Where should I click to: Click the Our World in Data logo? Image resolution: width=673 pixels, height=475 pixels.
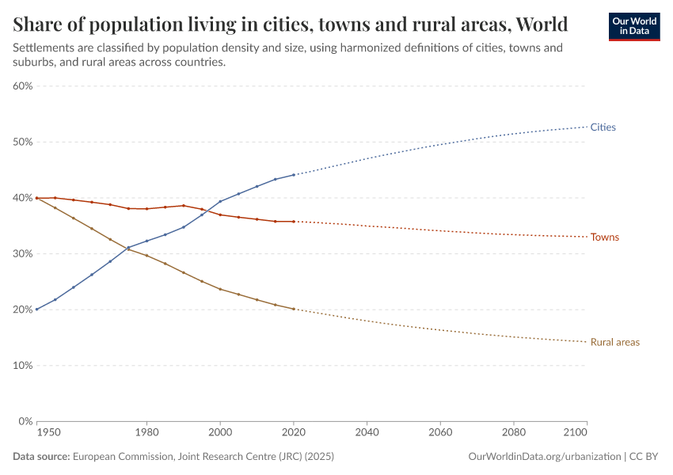point(633,25)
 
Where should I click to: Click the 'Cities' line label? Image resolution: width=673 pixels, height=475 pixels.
point(603,127)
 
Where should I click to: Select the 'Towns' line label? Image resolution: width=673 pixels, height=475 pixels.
point(605,237)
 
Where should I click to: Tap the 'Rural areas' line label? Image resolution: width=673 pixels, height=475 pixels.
point(614,342)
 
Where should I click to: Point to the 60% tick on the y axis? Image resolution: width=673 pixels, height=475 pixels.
point(22,86)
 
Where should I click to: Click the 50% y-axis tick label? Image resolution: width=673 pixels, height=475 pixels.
point(22,142)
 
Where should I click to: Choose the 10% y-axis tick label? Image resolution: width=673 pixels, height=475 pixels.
point(22,366)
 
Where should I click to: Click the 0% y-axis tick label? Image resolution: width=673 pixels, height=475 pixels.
point(25,422)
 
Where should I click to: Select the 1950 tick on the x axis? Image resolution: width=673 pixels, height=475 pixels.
point(48,433)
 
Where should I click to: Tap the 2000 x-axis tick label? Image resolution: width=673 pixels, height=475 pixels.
point(220,433)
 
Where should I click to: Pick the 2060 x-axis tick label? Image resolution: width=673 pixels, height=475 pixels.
point(440,433)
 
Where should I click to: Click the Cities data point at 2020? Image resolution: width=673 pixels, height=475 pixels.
point(294,175)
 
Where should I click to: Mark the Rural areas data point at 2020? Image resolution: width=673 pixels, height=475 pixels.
point(294,309)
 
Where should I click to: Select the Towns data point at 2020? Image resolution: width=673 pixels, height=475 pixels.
point(294,222)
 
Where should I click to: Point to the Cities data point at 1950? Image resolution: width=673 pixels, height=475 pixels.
point(36,310)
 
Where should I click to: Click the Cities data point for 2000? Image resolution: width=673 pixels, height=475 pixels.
point(220,201)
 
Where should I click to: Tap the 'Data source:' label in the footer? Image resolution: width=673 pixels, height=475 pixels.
point(41,457)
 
